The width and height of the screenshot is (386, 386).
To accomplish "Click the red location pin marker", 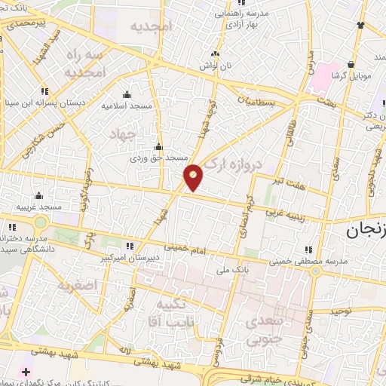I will [195, 177].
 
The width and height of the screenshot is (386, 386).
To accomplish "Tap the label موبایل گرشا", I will [352, 77].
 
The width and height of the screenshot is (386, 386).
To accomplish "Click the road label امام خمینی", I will [182, 247].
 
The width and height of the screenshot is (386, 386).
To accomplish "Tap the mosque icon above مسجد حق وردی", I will [158, 147].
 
